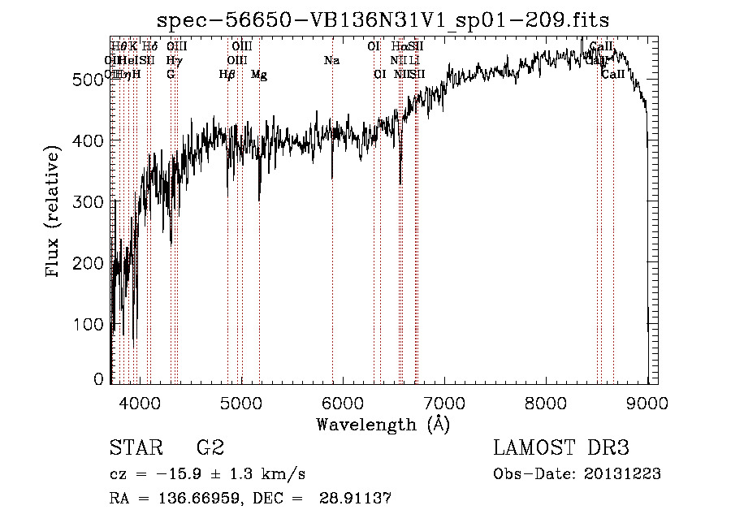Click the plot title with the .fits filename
pos(383,19)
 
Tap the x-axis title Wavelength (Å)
pos(383,424)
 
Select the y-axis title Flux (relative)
pos(54,213)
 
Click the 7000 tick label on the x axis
pos(444,400)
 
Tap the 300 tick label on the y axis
pos(89,201)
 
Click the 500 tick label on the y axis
pos(89,79)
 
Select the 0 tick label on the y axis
pos(99,379)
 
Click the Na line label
pos(331,61)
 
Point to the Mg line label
pos(259,75)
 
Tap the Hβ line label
pos(227,75)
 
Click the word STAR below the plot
pos(133,448)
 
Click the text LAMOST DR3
pos(561,448)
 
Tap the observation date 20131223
pos(624,474)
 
